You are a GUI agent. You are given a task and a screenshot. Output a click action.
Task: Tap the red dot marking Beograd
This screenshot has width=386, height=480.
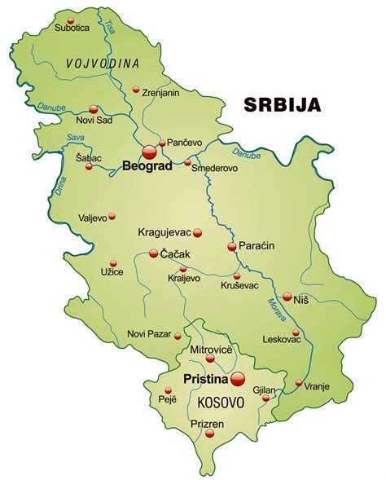point(149,152)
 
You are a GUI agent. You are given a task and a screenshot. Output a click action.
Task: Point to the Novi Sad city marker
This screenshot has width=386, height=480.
point(93,108)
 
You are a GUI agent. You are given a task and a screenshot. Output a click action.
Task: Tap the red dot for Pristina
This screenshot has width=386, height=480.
point(238,378)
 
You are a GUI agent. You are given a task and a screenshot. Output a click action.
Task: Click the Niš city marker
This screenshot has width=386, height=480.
point(287,297)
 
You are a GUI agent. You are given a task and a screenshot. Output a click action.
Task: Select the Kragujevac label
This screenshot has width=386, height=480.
point(164,232)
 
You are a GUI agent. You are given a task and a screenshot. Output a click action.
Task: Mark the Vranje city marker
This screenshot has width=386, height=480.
point(299,383)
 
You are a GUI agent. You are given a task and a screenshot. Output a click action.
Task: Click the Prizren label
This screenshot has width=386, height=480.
point(208,423)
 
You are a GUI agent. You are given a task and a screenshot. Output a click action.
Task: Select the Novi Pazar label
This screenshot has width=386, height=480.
point(149,334)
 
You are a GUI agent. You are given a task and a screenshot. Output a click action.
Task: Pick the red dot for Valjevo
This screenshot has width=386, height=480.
point(112,217)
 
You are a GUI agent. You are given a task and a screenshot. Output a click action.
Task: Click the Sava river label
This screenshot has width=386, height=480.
point(77,138)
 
